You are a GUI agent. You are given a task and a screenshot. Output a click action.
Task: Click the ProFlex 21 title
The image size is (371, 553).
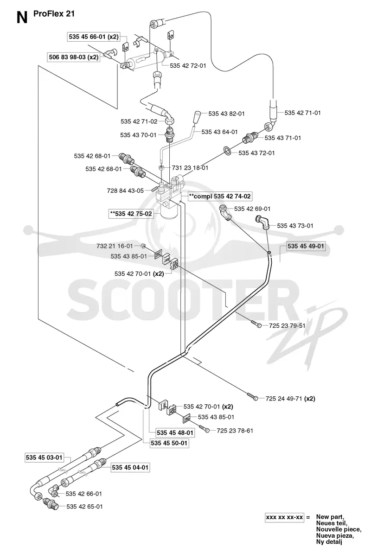[x=54, y=14]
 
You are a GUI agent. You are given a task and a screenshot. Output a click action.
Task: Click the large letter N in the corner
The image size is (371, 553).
[x=22, y=17]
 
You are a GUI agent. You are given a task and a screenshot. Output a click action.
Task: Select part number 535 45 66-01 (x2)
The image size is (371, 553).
[x=94, y=36]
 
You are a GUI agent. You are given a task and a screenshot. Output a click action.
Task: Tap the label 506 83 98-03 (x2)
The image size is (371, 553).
[x=73, y=57]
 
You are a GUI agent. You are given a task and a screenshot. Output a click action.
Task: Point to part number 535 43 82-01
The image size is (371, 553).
[x=226, y=114]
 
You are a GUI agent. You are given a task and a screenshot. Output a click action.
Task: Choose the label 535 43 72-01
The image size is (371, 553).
[x=256, y=153]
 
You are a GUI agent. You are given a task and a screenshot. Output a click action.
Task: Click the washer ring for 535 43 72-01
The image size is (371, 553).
[x=228, y=151]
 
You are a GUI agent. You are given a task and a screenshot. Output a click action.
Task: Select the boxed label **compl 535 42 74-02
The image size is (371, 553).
[x=220, y=196]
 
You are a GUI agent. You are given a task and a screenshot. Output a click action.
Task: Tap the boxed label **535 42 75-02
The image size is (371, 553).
[x=131, y=214]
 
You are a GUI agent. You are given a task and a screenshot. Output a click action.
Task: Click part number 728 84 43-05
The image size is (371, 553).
[x=125, y=191]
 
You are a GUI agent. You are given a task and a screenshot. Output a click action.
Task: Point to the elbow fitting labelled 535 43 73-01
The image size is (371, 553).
[x=262, y=223]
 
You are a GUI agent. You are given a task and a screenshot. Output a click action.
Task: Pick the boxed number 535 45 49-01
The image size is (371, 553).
[x=306, y=246]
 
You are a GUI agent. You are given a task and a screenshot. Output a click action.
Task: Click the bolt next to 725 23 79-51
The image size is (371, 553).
[x=256, y=324]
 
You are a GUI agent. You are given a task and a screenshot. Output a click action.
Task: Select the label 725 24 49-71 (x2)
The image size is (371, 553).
[x=290, y=399]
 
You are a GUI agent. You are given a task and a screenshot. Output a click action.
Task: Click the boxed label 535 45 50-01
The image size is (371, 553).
[x=169, y=443]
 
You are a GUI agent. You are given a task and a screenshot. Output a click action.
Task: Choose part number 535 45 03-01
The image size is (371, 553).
[x=44, y=458]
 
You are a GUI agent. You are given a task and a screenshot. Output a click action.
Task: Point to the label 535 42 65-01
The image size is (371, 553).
[x=84, y=507]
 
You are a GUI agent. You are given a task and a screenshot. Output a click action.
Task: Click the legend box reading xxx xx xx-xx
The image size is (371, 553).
[x=284, y=517]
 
